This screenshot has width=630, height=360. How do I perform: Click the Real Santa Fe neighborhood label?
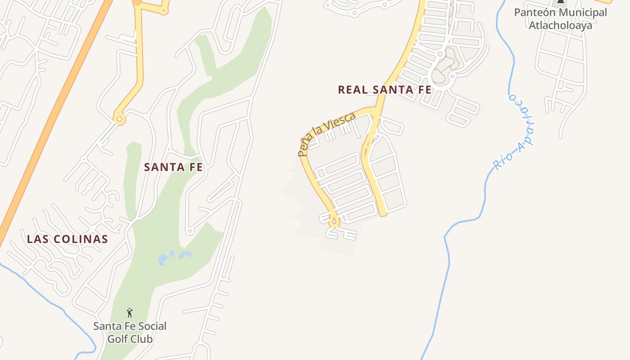384,90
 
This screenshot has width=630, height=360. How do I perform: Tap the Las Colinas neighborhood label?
67,239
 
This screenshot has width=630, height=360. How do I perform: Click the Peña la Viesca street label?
326,134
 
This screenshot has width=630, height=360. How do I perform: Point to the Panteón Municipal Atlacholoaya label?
560,18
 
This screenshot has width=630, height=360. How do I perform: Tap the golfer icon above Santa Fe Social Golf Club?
130,312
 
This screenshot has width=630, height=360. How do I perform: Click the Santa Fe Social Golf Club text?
130,332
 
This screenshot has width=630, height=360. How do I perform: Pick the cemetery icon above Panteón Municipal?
560,1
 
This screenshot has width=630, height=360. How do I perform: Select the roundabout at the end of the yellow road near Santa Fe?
119,120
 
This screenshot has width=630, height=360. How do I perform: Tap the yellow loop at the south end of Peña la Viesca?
334,221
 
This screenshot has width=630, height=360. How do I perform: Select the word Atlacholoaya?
560,25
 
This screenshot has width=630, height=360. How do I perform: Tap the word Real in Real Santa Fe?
354,90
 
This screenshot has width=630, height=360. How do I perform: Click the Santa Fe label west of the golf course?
173,167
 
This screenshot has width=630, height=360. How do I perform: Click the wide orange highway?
54,117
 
